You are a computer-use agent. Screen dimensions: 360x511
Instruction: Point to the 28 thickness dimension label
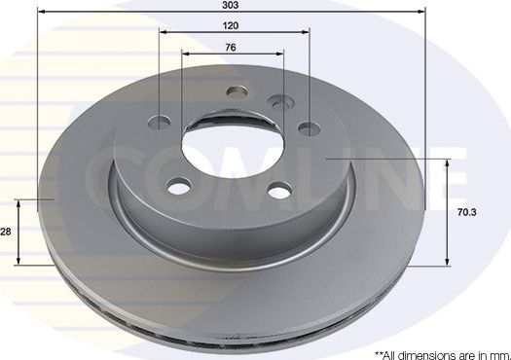point(6,232)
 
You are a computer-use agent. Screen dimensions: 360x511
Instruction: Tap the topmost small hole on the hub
point(235,93)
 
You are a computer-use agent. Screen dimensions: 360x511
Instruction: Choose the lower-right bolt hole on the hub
point(279,190)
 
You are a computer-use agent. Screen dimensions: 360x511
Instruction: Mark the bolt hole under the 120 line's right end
point(309,127)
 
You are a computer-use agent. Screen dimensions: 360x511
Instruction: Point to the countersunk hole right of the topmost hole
point(279,102)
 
